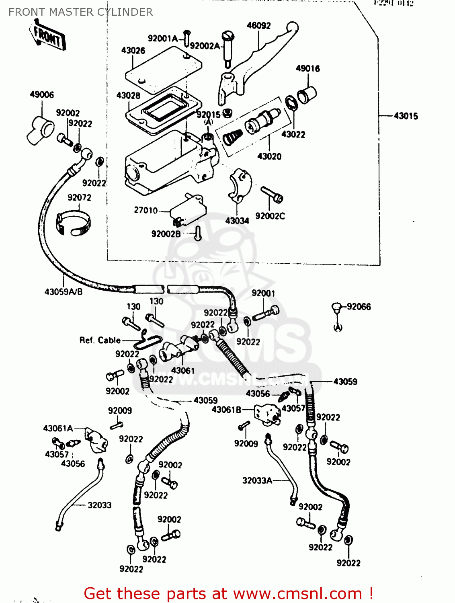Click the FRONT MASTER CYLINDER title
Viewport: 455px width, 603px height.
[x=80, y=12]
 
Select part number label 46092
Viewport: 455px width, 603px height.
[x=258, y=25]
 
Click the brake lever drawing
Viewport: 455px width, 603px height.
[x=257, y=60]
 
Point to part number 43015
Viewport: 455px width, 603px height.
[x=406, y=116]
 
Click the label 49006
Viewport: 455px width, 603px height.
[x=42, y=94]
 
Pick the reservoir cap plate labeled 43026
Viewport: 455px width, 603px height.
[x=163, y=68]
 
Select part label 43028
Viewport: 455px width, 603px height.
[x=128, y=95]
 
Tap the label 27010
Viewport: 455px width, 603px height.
[x=146, y=210]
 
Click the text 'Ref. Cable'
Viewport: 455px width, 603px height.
[x=100, y=340]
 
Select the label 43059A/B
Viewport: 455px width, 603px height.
[x=64, y=291]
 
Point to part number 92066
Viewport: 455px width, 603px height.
[x=359, y=307]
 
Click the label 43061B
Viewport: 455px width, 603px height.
[x=226, y=409]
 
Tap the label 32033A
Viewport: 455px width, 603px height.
[x=257, y=480]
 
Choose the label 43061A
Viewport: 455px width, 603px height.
[x=58, y=428]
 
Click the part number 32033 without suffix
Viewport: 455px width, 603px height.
[x=99, y=505]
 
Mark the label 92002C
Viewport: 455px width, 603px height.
[x=270, y=216]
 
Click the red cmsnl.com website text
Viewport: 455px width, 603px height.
[x=228, y=593]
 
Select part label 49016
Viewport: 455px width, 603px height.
[x=308, y=68]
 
